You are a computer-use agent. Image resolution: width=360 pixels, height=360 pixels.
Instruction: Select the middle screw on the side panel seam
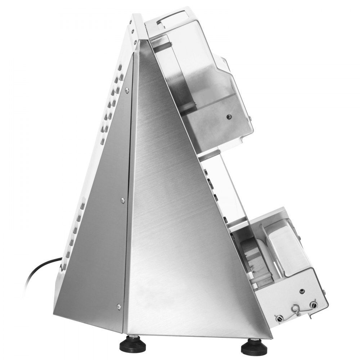123,200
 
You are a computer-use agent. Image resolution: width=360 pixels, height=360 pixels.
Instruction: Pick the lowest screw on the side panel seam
118,306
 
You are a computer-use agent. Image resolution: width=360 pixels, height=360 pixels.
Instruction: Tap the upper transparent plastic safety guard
202,58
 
